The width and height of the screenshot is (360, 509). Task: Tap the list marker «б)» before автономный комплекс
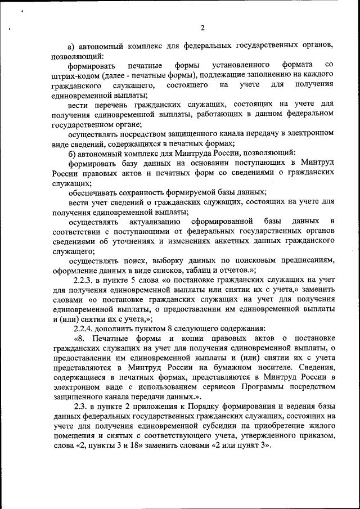coord(71,154)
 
